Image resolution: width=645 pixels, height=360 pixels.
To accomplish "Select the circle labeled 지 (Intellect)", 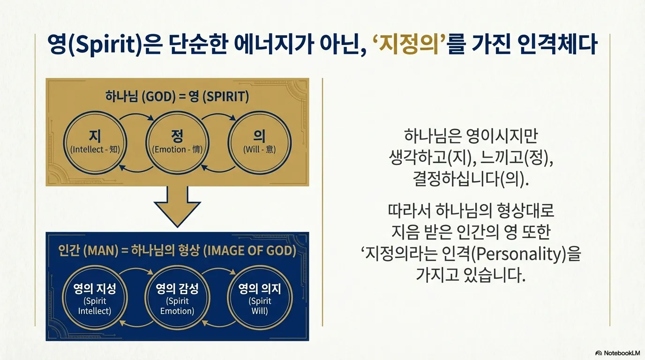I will click(x=95, y=141).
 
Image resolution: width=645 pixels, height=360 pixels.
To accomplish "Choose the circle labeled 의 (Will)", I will click(x=259, y=141).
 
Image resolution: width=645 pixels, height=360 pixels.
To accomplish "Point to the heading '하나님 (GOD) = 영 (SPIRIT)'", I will click(x=177, y=97).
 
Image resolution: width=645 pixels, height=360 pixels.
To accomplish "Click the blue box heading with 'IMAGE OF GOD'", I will click(x=177, y=251).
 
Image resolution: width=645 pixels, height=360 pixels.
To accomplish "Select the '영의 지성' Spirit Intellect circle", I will click(x=95, y=298).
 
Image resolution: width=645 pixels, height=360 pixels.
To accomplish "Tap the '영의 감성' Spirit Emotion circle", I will click(x=177, y=298).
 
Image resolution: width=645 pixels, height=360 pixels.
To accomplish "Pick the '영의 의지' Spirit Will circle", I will click(x=259, y=298).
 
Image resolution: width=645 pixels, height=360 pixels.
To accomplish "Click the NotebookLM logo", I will click(x=617, y=352).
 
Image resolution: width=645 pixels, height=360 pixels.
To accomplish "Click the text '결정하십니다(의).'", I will click(x=471, y=180).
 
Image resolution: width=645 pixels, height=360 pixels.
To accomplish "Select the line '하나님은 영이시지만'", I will click(x=471, y=137).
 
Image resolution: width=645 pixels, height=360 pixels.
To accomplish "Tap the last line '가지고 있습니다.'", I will click(x=471, y=276).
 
